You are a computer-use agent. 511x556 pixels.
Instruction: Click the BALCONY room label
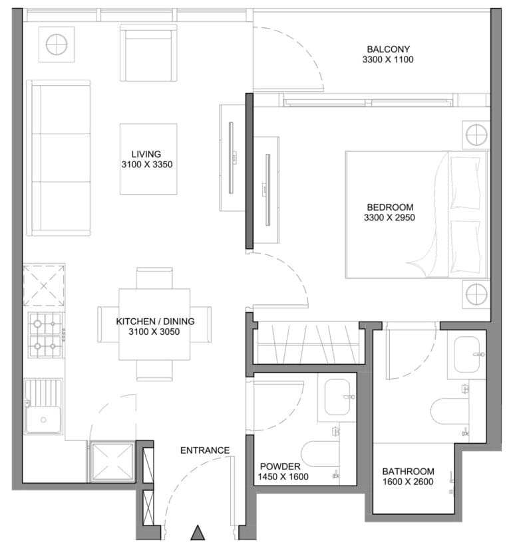(x=388, y=49)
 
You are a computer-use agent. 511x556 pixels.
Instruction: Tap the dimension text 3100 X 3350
(x=147, y=165)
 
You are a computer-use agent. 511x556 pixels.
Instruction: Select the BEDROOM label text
(x=390, y=207)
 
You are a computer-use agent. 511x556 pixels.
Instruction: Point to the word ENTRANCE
(x=205, y=450)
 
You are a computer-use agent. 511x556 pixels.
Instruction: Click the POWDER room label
(x=280, y=466)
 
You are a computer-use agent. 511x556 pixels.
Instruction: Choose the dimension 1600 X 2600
(x=408, y=482)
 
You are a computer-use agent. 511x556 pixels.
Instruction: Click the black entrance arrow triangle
(x=198, y=533)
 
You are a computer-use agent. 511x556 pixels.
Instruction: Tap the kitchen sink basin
(x=43, y=420)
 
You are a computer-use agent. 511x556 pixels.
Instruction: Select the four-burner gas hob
(x=45, y=335)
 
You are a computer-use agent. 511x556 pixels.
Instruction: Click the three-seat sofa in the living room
(x=59, y=158)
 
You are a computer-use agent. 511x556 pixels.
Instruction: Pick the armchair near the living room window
(x=148, y=52)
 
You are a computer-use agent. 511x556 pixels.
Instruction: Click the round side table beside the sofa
(x=57, y=45)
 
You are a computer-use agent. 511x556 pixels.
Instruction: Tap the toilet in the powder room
(x=320, y=454)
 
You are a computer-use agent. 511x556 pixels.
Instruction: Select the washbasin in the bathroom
(x=467, y=355)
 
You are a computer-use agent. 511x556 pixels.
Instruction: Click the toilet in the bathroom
(x=449, y=411)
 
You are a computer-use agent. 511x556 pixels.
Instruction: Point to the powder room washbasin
(x=338, y=397)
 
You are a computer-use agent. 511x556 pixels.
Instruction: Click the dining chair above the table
(x=154, y=278)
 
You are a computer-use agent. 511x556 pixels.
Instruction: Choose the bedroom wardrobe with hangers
(x=308, y=343)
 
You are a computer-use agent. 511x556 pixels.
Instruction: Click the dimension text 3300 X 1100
(x=388, y=59)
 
